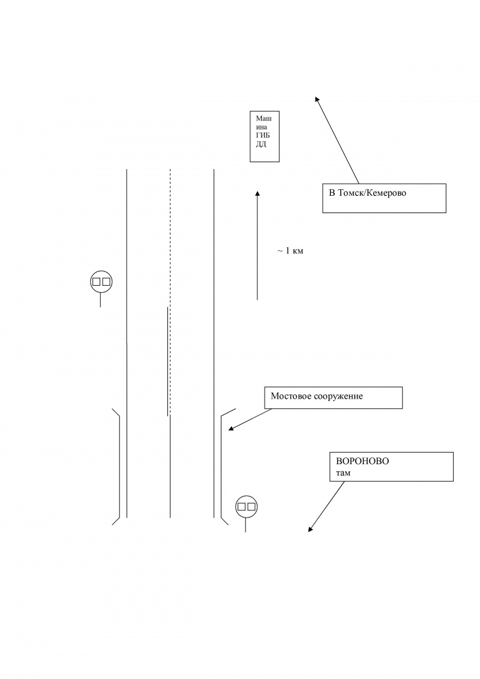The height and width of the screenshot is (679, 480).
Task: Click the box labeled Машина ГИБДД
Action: (x=265, y=136)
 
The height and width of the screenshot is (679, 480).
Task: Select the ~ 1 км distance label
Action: (x=290, y=250)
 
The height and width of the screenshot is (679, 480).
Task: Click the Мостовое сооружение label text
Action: (x=317, y=396)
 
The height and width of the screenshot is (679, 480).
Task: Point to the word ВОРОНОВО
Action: (x=362, y=461)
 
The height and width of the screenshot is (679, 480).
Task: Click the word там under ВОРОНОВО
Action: (x=343, y=473)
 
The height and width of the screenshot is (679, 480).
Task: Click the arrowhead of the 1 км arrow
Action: (x=257, y=193)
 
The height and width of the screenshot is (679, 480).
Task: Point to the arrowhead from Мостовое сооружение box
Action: (x=231, y=429)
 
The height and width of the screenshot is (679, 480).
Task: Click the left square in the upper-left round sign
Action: (x=96, y=281)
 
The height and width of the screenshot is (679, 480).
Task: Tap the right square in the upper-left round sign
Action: (x=106, y=281)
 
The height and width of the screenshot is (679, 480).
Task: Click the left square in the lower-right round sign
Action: (x=241, y=507)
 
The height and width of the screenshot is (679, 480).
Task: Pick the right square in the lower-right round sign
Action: (x=251, y=507)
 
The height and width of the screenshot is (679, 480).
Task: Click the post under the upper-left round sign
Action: (x=100, y=299)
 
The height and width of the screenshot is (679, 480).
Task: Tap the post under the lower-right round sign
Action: (x=245, y=525)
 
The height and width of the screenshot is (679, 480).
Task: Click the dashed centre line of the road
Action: (x=170, y=240)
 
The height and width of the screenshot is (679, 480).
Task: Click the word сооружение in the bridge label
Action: (x=339, y=396)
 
